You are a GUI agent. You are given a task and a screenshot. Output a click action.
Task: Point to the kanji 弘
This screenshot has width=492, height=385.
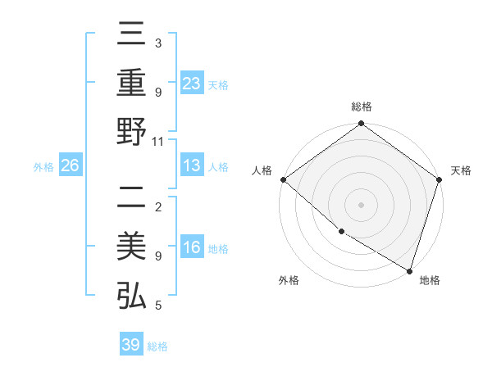[x=131, y=295]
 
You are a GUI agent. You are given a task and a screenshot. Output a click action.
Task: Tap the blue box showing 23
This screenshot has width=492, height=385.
[x=192, y=84]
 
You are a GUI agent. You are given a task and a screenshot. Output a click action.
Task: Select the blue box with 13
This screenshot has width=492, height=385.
[x=192, y=166]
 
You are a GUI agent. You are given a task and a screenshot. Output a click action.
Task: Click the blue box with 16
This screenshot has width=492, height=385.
[x=192, y=249]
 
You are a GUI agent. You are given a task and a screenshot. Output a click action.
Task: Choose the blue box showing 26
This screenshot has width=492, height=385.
[x=71, y=166]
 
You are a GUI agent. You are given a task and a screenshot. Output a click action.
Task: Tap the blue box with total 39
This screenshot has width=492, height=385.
[x=131, y=345]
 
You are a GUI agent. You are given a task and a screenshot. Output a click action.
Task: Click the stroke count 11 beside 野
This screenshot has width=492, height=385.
[x=158, y=141]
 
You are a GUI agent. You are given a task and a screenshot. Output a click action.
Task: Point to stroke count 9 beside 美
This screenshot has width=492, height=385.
[x=158, y=256]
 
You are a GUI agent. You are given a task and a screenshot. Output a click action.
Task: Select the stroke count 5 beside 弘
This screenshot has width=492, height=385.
[x=158, y=305]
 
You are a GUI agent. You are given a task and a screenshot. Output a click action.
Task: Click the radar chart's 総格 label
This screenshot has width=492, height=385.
[x=362, y=106]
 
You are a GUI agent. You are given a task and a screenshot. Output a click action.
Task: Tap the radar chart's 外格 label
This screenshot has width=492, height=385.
[x=289, y=280]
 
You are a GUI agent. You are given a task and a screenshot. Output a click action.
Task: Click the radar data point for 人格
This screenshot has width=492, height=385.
[x=283, y=179]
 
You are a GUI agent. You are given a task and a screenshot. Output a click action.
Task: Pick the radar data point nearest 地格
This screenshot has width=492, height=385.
[x=409, y=270]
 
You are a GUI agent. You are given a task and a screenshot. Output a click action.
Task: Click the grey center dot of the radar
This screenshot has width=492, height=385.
[x=362, y=205]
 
